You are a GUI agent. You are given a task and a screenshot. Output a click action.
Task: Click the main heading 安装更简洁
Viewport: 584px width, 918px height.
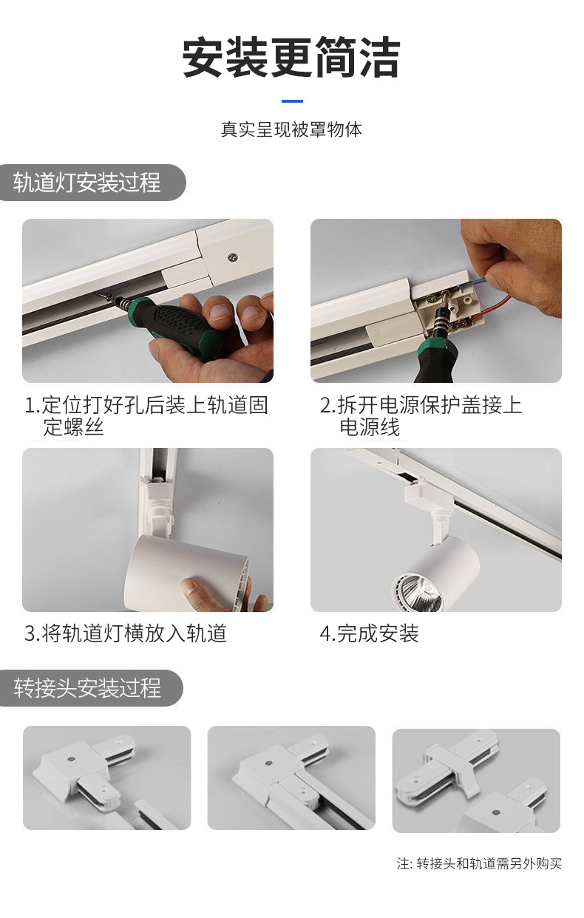point(291,58)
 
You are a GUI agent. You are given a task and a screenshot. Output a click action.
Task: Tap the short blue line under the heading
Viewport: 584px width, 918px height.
point(292,101)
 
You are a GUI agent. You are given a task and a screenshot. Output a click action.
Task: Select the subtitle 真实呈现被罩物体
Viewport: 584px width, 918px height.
point(291,129)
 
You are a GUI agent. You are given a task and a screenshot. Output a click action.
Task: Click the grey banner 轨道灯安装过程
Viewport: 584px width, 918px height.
point(92,183)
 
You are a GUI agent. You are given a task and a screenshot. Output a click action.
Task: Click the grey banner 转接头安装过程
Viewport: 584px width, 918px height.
point(91,688)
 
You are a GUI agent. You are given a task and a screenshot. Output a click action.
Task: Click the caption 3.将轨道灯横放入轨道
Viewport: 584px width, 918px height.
point(126,633)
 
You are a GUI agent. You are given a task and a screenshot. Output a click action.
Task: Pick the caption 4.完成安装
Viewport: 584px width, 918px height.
point(370,633)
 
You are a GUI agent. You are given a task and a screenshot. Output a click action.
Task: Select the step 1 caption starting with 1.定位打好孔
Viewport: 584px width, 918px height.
point(146,416)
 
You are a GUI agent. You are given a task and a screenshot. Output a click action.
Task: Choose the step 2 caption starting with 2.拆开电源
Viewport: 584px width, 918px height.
point(421,416)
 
